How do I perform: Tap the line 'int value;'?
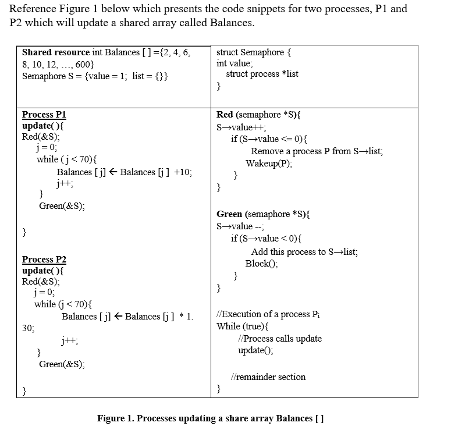tap(234, 63)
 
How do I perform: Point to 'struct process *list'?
tap(262, 74)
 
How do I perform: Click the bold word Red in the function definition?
tap(225, 115)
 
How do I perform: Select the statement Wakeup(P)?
tap(269, 164)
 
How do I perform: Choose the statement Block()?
tap(261, 263)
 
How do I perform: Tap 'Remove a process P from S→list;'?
tap(317, 151)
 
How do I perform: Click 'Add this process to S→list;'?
tap(304, 252)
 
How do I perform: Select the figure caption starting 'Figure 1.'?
tap(210, 418)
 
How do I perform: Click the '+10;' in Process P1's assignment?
tap(182, 173)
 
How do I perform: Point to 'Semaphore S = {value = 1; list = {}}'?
tap(95, 76)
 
